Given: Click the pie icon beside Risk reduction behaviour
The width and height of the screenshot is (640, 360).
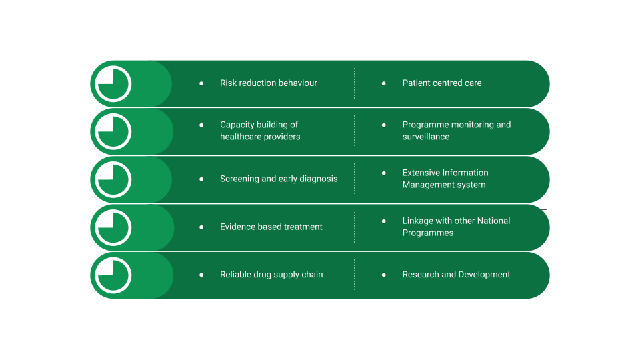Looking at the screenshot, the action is click(x=113, y=84).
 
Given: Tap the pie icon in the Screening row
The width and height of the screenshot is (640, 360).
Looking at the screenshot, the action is click(x=113, y=179).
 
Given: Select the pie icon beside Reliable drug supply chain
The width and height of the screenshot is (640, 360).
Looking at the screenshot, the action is click(x=113, y=275).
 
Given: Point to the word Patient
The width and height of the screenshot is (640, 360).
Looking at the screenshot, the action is click(x=415, y=83).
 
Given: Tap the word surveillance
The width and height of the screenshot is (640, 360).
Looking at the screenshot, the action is click(x=426, y=137).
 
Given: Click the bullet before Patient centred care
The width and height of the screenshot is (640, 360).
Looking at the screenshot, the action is click(x=384, y=83).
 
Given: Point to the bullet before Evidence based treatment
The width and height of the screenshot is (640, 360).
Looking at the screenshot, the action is click(x=201, y=227).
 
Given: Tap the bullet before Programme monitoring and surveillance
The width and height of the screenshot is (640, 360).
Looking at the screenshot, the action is click(x=384, y=125).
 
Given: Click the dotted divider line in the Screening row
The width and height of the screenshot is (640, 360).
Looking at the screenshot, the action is click(x=354, y=179).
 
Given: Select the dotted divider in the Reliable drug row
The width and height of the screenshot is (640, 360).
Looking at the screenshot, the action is click(x=354, y=275).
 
